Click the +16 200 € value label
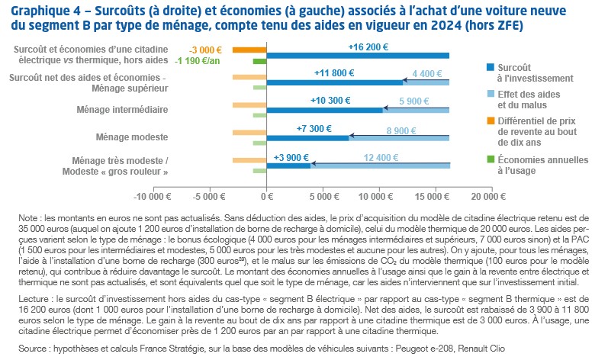(358, 46)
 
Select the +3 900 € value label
(291, 157)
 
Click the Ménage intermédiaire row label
(123, 109)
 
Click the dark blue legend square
(489, 68)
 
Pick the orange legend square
(489, 121)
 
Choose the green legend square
(489, 160)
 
